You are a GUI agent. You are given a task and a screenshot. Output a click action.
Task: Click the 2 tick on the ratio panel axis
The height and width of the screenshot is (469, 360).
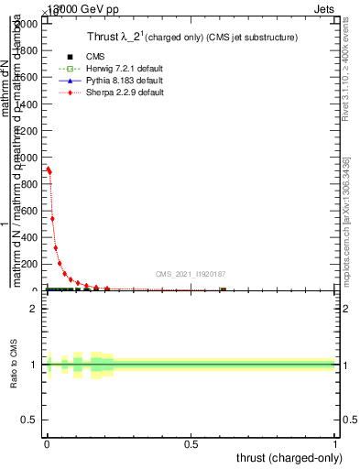(x=38, y=309)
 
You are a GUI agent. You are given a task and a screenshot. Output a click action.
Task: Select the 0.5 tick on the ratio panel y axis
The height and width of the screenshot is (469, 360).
(x=34, y=420)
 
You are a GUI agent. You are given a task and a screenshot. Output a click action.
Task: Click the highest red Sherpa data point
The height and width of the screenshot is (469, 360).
(x=48, y=169)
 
